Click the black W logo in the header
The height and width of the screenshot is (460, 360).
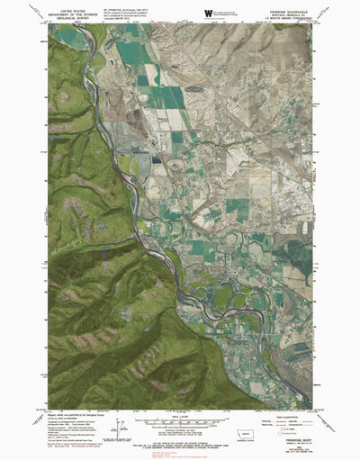(x=209, y=11)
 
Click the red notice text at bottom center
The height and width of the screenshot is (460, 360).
(x=180, y=440)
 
